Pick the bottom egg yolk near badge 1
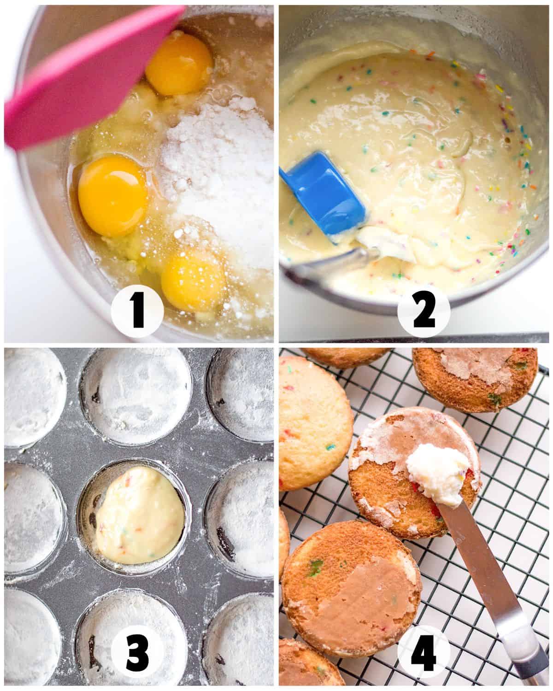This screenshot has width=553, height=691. [194, 279]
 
